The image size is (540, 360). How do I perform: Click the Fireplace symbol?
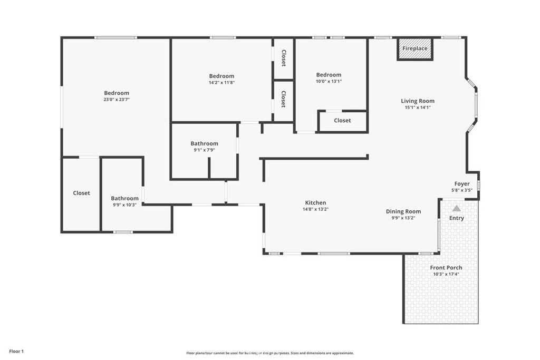[x=415, y=48]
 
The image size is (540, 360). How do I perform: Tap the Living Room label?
[x=418, y=101]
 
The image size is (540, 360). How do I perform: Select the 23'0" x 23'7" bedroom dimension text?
[x=117, y=99]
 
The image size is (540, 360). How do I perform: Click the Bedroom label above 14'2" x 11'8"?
[x=221, y=76]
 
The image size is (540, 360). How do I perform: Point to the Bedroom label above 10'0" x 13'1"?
[x=329, y=75]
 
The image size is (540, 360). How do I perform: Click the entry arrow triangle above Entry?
[x=456, y=209]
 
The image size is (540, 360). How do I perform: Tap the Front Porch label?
[x=446, y=268]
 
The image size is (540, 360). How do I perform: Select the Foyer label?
[x=462, y=184]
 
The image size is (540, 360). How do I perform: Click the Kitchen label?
[x=315, y=202]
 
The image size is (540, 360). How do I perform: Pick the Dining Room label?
[x=403, y=211]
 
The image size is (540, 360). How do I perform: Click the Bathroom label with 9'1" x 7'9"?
[x=204, y=143]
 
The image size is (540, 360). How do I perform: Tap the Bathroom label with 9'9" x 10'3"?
[x=124, y=198]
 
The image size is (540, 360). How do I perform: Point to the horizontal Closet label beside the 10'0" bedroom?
[x=342, y=121]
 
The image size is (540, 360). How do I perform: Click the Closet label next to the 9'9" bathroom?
[x=81, y=193]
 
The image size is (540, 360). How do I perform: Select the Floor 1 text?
[x=16, y=351]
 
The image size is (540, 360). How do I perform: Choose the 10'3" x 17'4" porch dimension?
[x=446, y=274]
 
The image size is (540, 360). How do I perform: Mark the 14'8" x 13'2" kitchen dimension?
[x=315, y=209]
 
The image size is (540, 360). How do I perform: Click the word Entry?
[x=457, y=218]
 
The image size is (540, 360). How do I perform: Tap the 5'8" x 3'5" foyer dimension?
[x=462, y=190]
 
